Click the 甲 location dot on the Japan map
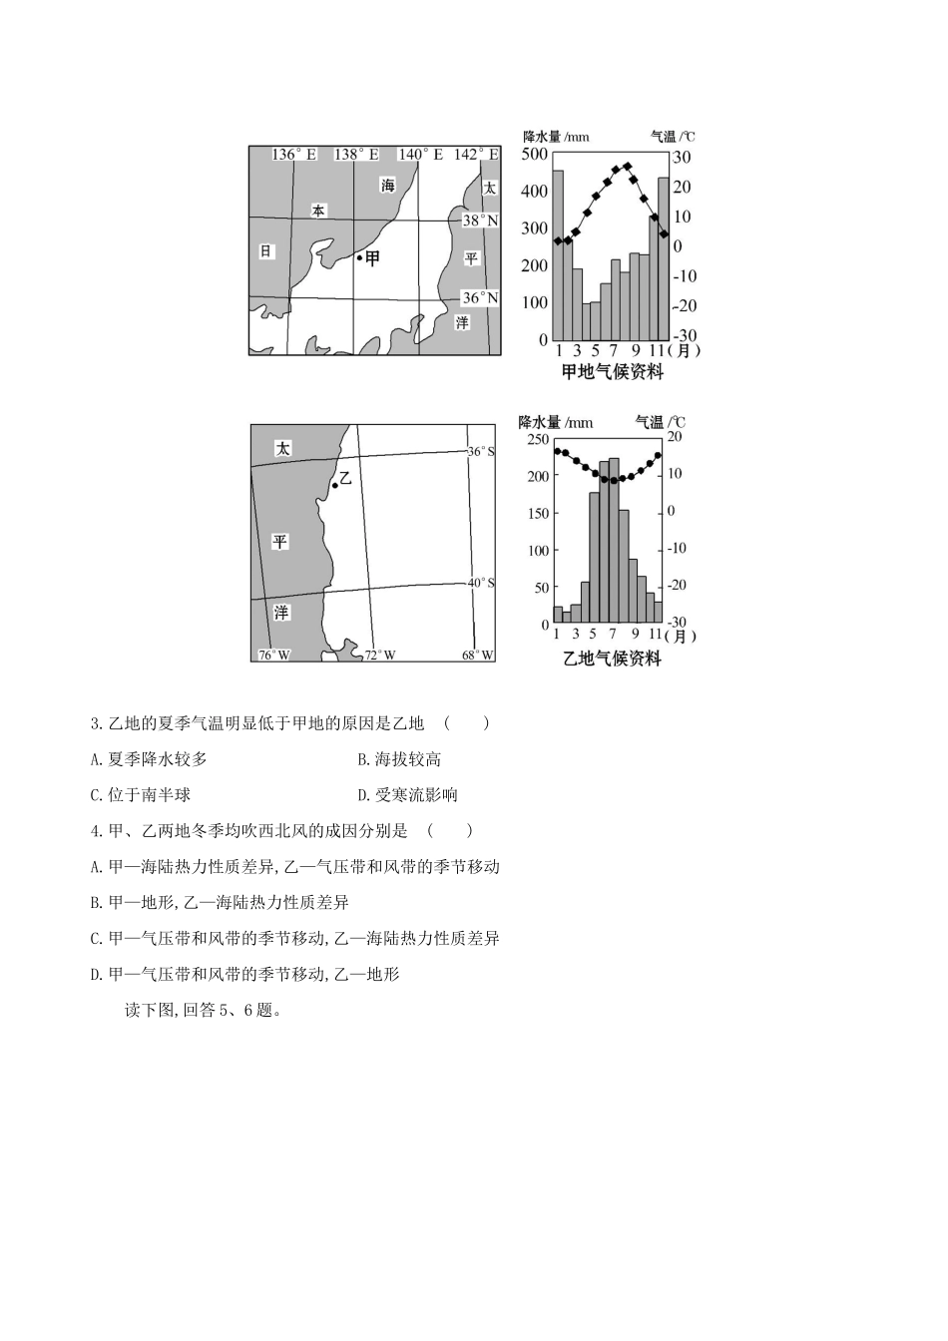click(360, 257)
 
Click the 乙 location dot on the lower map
click(335, 486)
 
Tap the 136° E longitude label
click(294, 155)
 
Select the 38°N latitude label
click(480, 220)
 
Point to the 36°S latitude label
click(481, 452)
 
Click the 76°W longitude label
click(273, 655)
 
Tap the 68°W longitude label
click(477, 655)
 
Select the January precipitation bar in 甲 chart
click(558, 255)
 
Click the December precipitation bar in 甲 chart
click(664, 258)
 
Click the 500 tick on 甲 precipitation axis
click(535, 154)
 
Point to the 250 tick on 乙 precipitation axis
click(538, 439)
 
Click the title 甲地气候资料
click(612, 372)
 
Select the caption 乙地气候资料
click(612, 659)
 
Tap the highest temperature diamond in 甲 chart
click(627, 167)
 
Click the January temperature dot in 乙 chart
click(557, 451)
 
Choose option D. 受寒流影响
click(407, 795)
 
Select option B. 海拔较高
click(399, 759)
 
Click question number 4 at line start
click(96, 831)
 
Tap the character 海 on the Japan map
click(387, 186)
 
